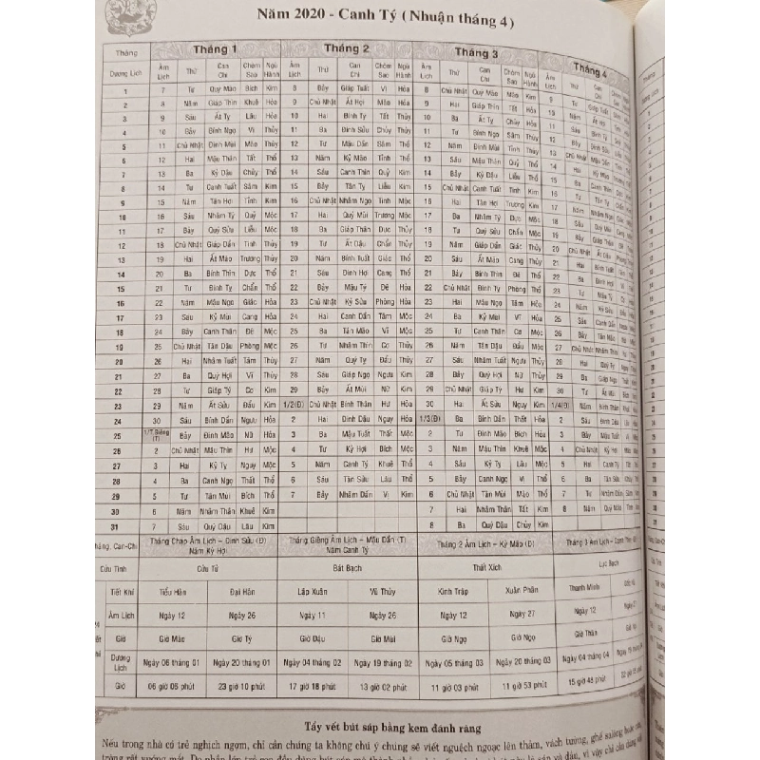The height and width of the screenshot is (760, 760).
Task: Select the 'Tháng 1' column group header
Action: click(215, 48)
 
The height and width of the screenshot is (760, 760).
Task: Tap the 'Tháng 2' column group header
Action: click(347, 48)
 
